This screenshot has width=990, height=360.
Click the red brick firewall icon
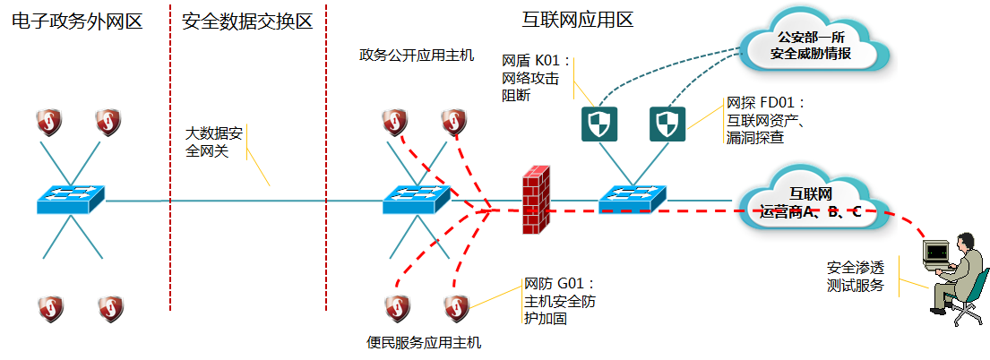536,200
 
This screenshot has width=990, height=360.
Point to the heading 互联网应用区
577,20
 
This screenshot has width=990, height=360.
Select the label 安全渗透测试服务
856,276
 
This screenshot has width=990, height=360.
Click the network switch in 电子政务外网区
71,199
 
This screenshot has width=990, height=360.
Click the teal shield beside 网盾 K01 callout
598,124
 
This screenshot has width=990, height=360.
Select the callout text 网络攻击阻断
530,79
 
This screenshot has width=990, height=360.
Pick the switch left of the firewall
415,199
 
